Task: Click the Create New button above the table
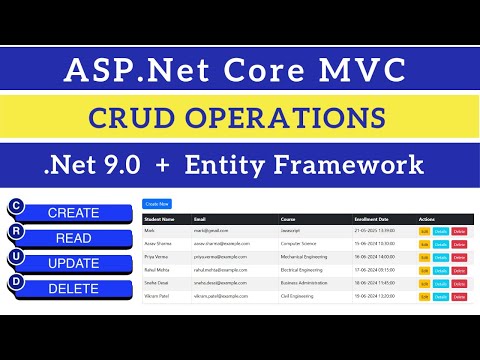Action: tap(158, 203)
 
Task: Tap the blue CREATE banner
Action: tap(75, 213)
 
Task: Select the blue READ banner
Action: tap(75, 238)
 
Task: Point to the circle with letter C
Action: tap(15, 206)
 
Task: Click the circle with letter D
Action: tap(15, 282)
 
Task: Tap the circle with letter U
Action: tap(15, 257)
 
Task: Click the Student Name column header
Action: tap(160, 218)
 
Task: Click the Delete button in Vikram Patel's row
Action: tap(459, 297)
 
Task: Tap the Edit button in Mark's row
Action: tap(424, 231)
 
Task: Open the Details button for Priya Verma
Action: tap(440, 257)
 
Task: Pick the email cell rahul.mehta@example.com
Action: tap(222, 270)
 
